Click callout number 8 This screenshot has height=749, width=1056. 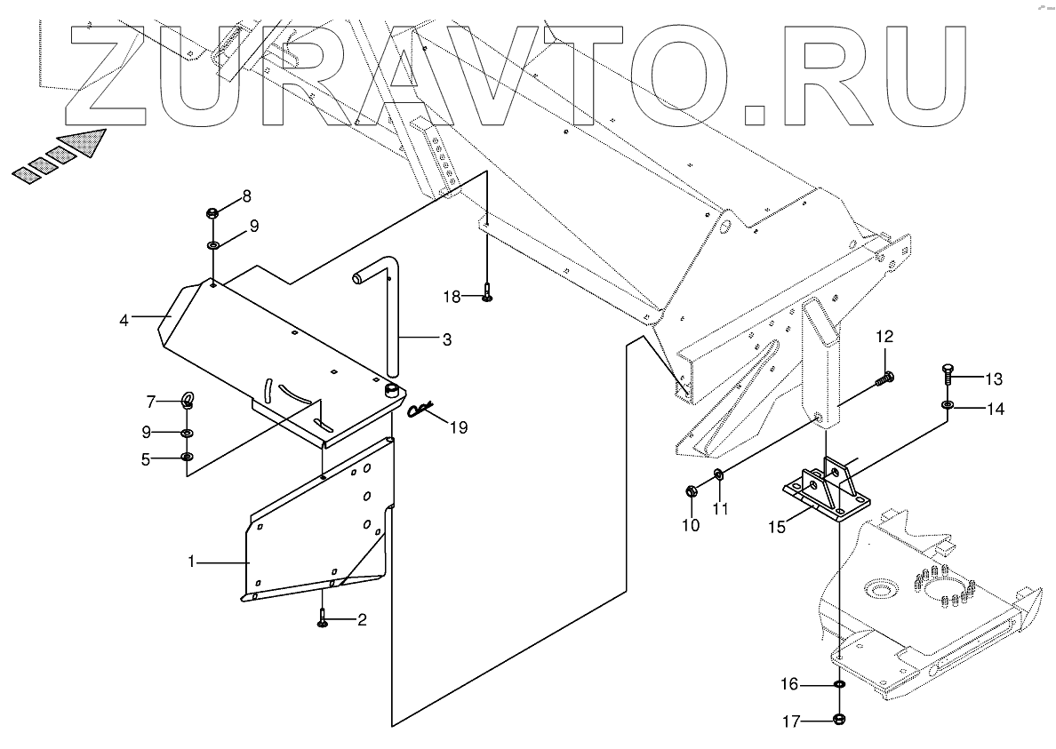coord(246,196)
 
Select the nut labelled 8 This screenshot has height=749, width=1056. coord(213,213)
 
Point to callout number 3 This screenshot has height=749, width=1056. coord(446,339)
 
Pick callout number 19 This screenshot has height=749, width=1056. coord(458,427)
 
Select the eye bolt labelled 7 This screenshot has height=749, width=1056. coord(188,402)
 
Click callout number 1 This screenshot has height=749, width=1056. coord(190,562)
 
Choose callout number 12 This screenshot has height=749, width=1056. coord(884,336)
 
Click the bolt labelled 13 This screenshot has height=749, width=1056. coord(948,375)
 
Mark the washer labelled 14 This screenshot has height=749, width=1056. coord(948,407)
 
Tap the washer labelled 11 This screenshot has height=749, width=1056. coord(719,474)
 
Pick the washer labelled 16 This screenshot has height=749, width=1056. coord(839,685)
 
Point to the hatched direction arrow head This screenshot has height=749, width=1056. coord(86,142)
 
